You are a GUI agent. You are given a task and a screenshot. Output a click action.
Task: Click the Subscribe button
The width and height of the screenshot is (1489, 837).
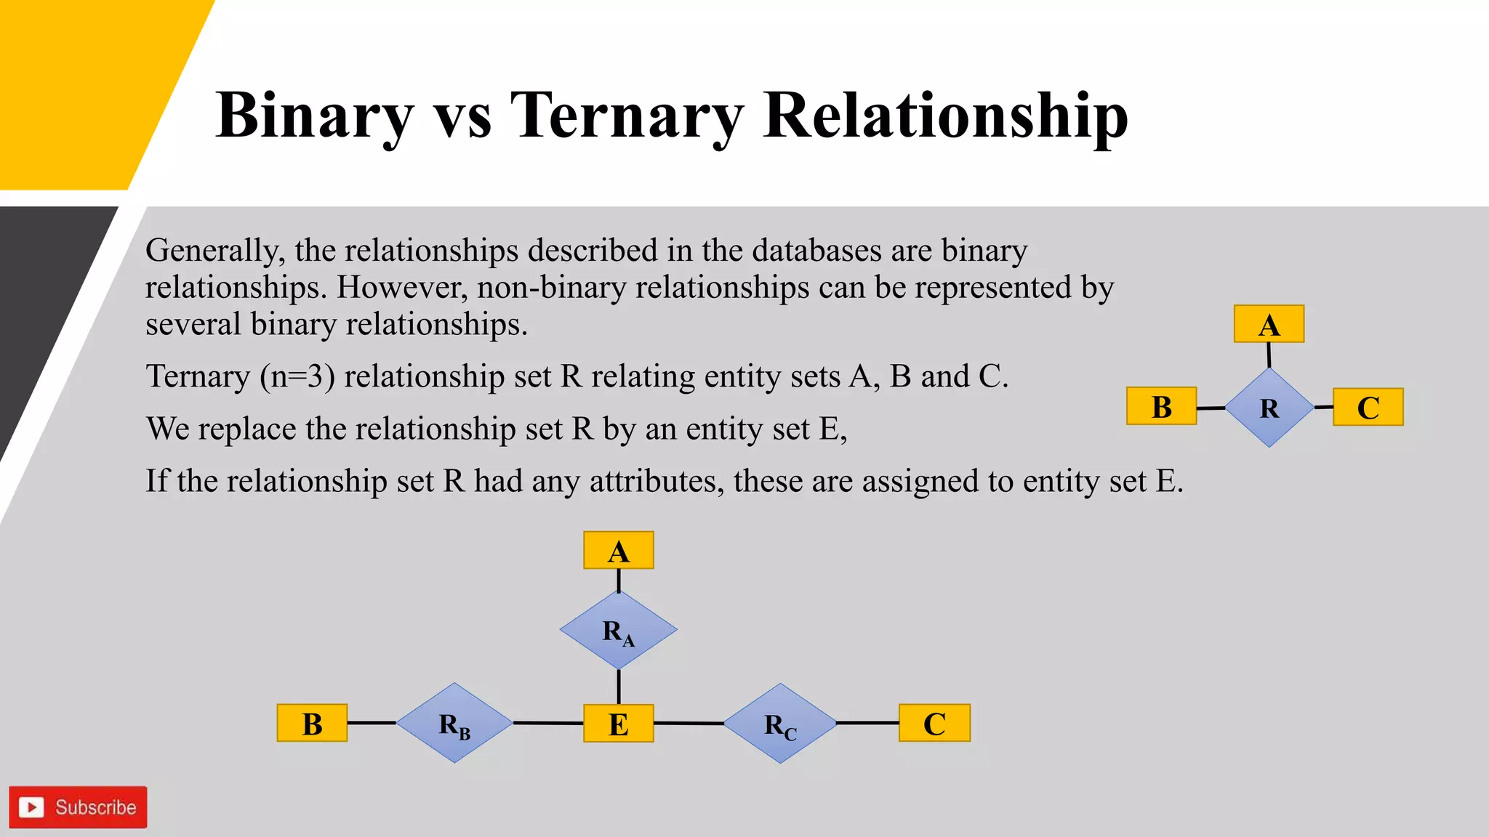coord(78,807)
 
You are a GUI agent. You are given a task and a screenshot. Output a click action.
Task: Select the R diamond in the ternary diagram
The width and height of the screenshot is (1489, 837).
coord(1269,408)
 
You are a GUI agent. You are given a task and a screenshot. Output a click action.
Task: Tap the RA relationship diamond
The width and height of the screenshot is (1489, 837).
coord(619,630)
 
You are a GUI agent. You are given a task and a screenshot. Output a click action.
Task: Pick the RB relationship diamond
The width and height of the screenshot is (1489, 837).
coord(455,723)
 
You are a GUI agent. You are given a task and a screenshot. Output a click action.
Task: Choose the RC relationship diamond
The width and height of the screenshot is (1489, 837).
coord(780,724)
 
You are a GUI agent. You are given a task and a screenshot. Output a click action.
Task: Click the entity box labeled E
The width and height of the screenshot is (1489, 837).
coord(619,724)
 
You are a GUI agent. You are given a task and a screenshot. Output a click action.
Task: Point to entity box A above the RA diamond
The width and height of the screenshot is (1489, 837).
coord(619,551)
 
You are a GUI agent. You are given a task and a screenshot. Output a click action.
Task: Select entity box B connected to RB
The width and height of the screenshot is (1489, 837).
coord(312,724)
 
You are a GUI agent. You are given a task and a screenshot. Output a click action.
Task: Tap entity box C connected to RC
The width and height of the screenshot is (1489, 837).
coord(934,724)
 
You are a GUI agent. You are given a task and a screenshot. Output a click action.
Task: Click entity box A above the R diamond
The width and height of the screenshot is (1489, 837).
coord(1269,324)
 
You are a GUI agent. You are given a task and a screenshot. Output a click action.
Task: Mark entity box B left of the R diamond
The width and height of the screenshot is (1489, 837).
coord(1161,406)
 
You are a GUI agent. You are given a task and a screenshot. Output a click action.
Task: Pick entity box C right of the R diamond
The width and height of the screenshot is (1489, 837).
coord(1368,407)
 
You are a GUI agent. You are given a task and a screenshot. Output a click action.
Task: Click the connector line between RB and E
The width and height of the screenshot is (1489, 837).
coord(548,723)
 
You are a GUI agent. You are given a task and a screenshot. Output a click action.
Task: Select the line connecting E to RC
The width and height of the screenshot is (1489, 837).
coord(689,723)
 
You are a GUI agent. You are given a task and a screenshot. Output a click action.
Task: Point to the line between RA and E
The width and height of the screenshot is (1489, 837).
coord(619,687)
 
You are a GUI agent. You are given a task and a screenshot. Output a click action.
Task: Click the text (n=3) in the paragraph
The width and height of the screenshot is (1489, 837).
coord(297,376)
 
